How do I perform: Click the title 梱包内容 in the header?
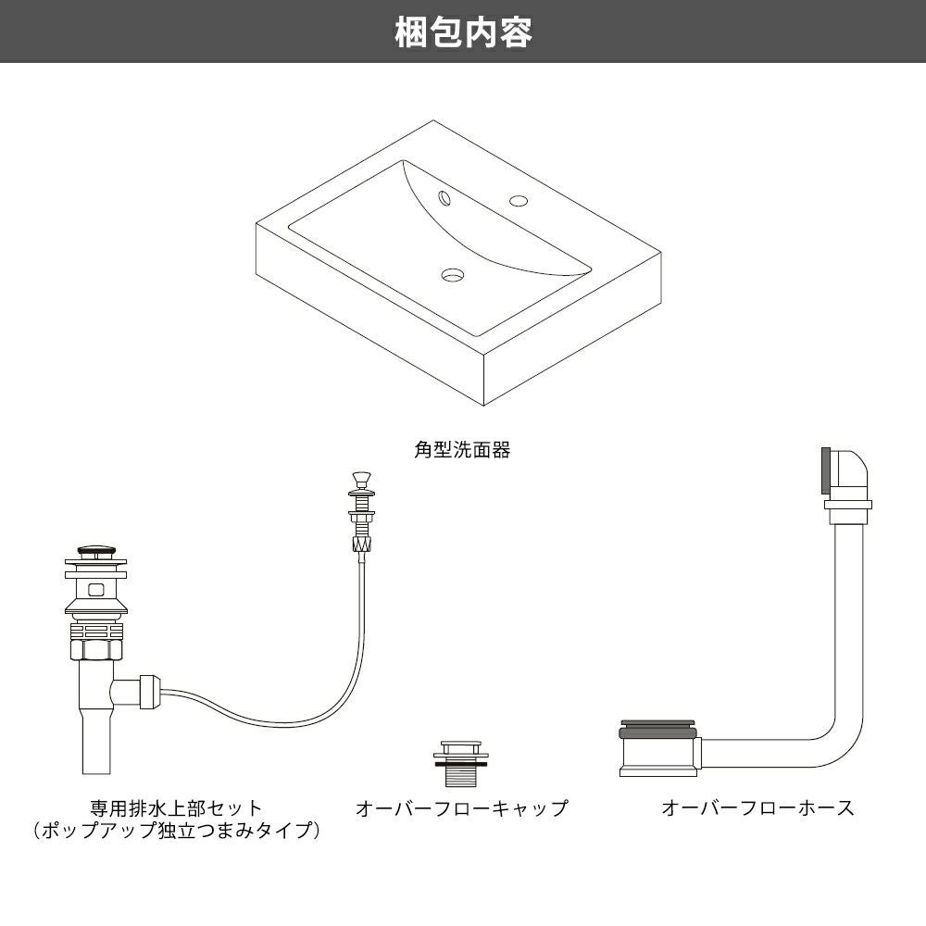coord(463,32)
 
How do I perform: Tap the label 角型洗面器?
coord(462,452)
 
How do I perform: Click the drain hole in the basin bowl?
coord(453,274)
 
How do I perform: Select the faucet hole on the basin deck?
coord(518,200)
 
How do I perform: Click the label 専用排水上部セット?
coord(176,808)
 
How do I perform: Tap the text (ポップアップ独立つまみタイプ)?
coord(176,831)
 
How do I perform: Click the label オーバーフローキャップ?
coord(461,808)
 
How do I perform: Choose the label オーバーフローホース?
coord(757,808)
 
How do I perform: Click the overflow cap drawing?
coord(460,762)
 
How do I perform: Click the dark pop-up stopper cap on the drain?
coord(95,552)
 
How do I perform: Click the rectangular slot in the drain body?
coord(95,587)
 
